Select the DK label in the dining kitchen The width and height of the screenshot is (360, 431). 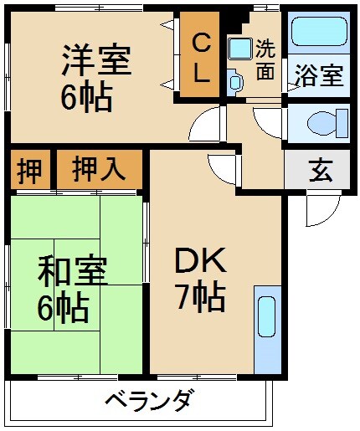pyautogui.click(x=200, y=262)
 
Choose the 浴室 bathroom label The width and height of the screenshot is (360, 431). pyautogui.click(x=317, y=74)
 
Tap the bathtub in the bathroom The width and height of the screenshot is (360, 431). pyautogui.click(x=318, y=33)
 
